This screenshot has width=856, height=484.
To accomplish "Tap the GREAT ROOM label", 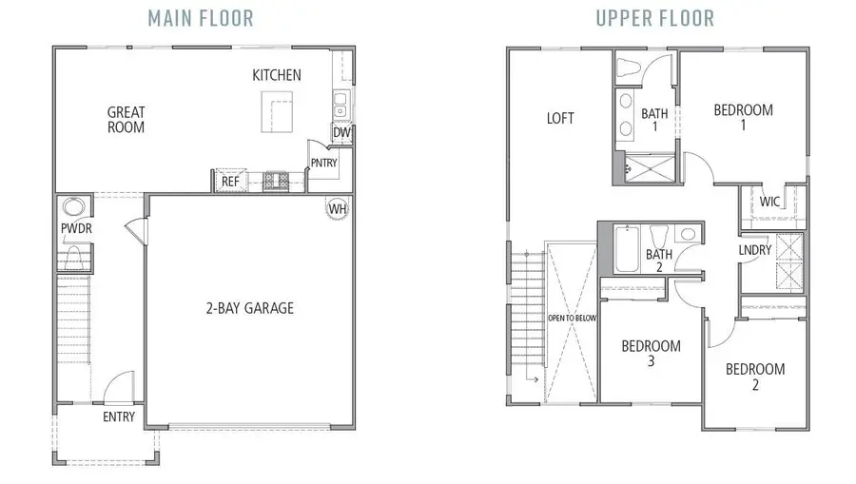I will (x=126, y=120).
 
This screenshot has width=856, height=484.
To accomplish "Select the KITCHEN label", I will (x=277, y=75).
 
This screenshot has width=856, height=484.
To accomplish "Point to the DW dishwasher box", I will (x=340, y=134).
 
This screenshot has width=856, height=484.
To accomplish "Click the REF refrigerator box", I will (x=229, y=181).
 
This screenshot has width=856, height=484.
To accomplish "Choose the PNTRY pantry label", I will (x=323, y=164).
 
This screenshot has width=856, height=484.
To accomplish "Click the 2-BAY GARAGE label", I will (x=251, y=308).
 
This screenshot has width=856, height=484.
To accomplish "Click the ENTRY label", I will (x=119, y=416).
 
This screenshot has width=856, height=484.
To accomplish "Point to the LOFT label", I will (x=560, y=119).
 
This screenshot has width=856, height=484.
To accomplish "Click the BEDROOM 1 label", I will (x=743, y=117).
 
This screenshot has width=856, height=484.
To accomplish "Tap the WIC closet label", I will (x=770, y=202).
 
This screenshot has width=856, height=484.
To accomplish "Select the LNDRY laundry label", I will (x=755, y=250).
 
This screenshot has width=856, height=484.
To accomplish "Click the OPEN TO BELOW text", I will (x=572, y=318).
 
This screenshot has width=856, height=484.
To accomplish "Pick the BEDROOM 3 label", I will (x=651, y=354).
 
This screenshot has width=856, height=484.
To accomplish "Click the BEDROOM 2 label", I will (x=754, y=377).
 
